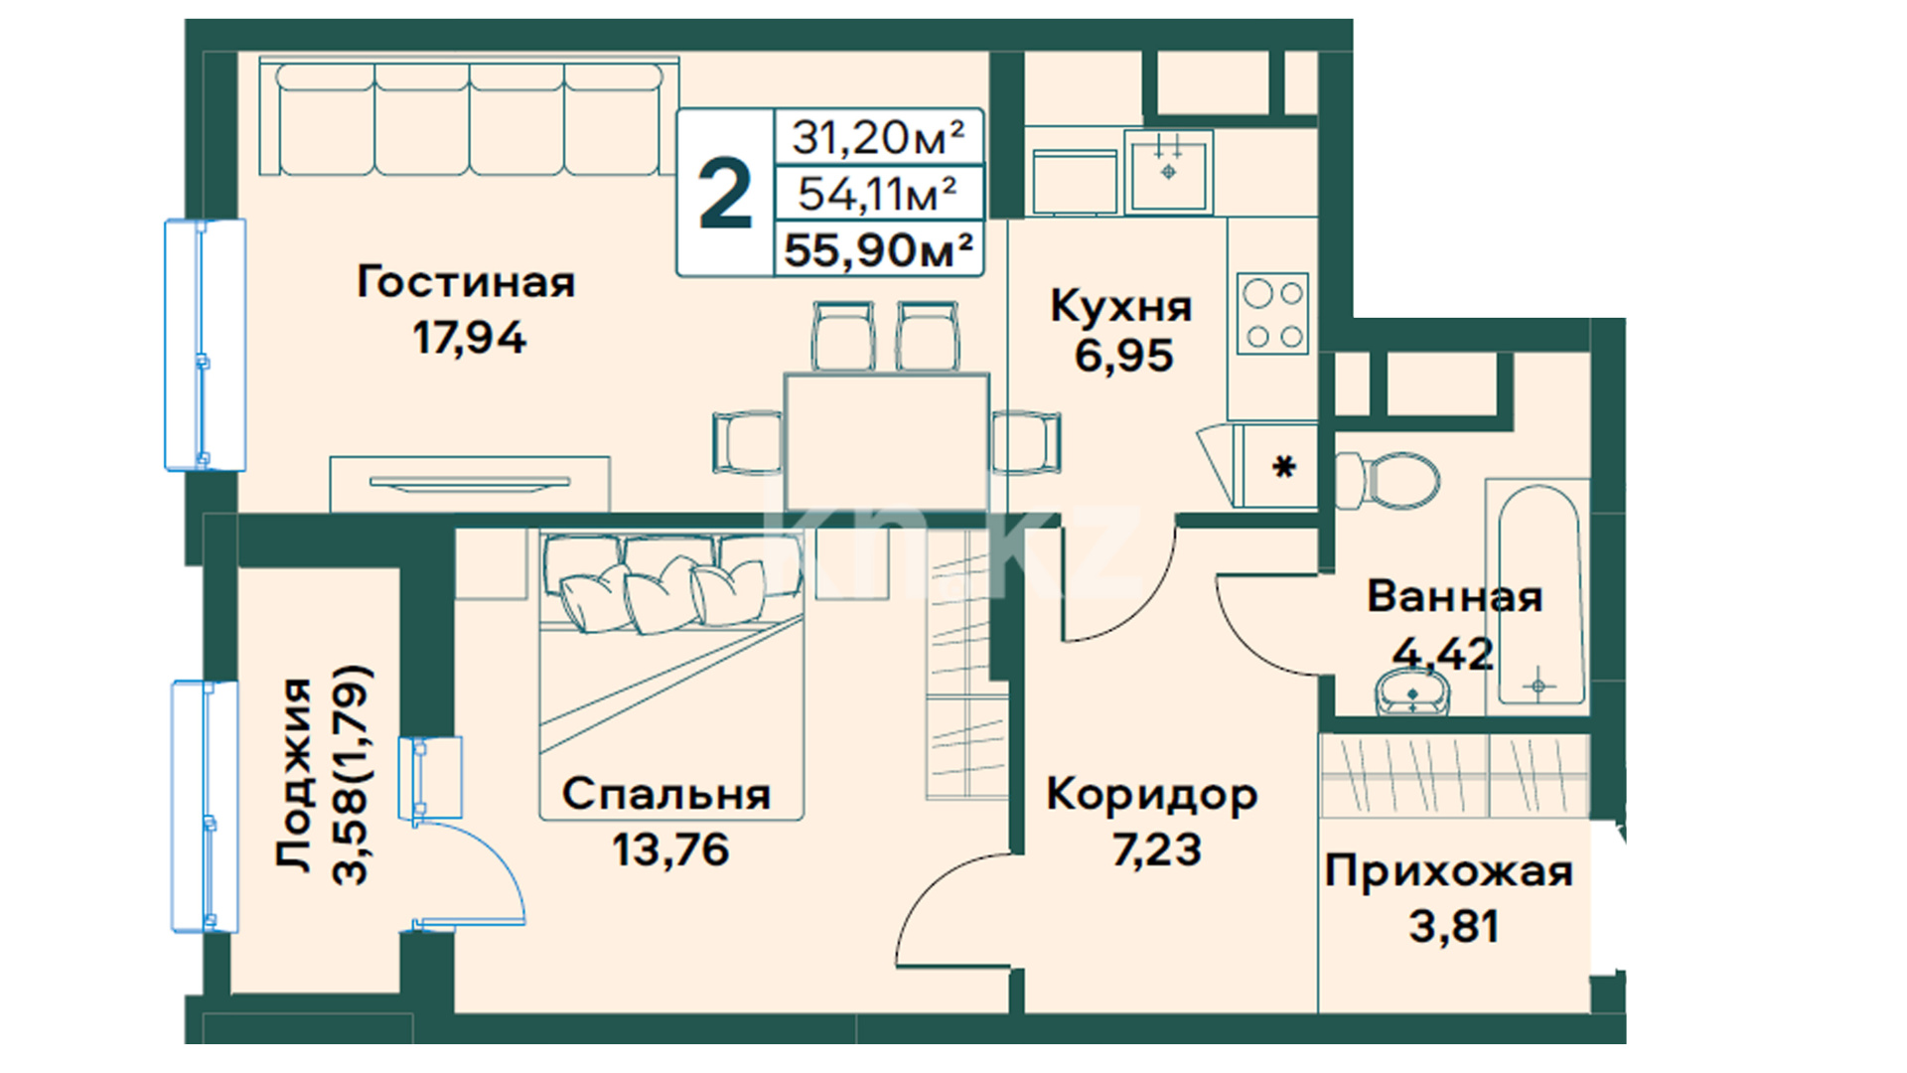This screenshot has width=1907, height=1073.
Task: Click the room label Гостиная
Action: click(x=466, y=282)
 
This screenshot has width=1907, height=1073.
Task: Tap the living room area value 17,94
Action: click(x=469, y=338)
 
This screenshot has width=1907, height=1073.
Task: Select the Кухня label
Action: click(x=1121, y=306)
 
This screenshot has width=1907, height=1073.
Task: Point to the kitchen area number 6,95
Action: click(x=1123, y=356)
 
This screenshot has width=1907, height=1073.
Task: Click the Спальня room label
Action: click(x=666, y=795)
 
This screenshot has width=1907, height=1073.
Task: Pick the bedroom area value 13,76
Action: click(x=670, y=850)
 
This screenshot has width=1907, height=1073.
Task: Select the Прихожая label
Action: click(x=1449, y=873)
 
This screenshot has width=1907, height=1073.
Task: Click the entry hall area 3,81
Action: click(x=1453, y=927)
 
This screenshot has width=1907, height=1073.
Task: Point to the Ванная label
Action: click(x=1455, y=597)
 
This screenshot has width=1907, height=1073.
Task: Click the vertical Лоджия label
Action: click(x=294, y=775)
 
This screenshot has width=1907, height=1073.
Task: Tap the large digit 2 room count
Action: click(x=725, y=196)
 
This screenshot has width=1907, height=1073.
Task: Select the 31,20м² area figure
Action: click(x=878, y=137)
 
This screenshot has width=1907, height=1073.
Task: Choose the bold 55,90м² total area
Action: click(x=878, y=249)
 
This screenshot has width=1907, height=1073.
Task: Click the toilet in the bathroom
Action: click(x=1388, y=481)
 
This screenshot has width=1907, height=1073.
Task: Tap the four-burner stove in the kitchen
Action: click(x=1273, y=313)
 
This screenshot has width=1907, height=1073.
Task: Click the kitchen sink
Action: click(x=1169, y=171)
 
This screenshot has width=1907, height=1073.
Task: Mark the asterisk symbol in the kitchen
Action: click(x=1284, y=466)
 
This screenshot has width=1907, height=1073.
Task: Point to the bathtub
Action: click(x=1538, y=595)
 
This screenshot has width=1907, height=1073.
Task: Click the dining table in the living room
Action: click(x=887, y=442)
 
